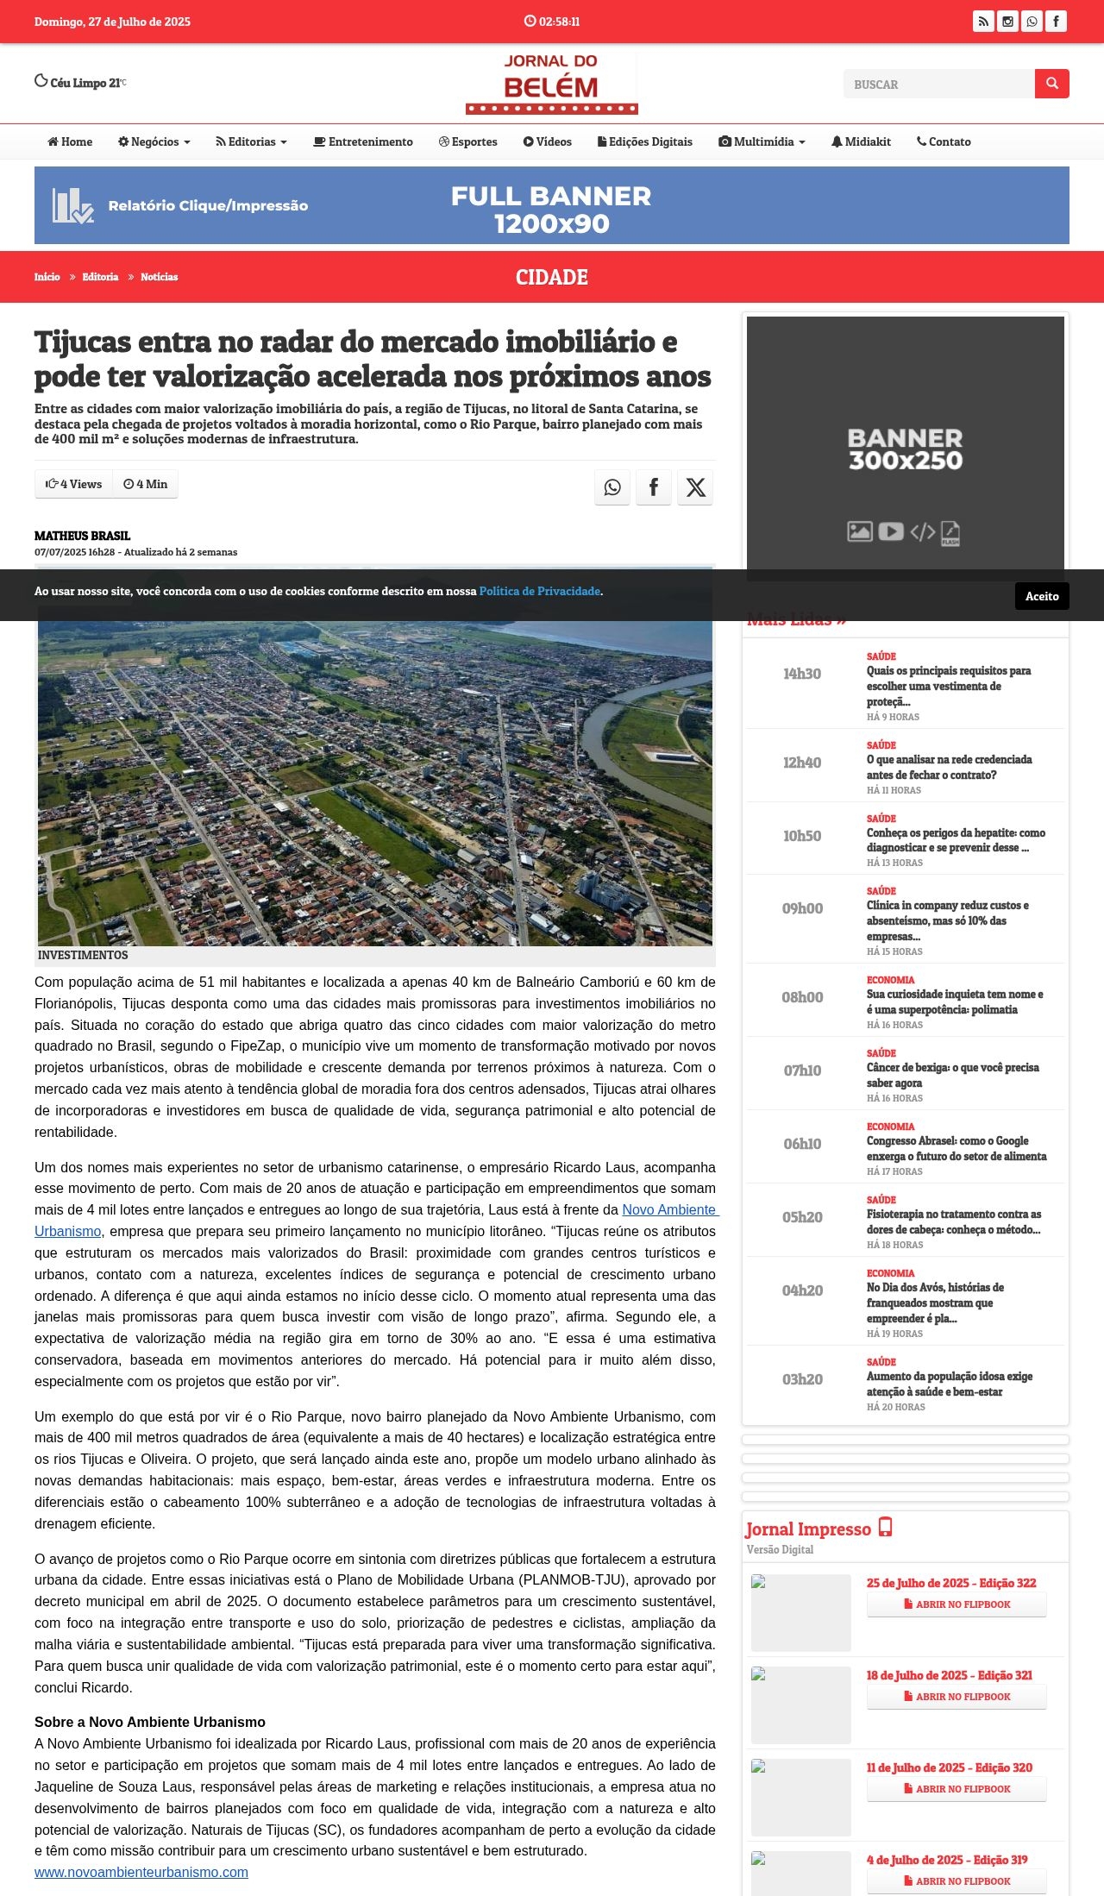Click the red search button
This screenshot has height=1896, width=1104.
[x=1051, y=84]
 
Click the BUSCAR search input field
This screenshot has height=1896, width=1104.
[x=938, y=84]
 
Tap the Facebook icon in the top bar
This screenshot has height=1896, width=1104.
[x=1056, y=22]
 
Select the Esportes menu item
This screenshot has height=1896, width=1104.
[x=467, y=141]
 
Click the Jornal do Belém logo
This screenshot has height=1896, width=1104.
[x=551, y=84]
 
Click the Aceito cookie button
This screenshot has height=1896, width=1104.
[x=1041, y=596]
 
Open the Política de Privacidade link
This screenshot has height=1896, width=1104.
[x=539, y=591]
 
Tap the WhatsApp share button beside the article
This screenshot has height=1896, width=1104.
[x=612, y=487]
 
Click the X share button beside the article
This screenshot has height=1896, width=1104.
[x=695, y=487]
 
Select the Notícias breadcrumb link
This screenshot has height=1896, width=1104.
[x=159, y=277]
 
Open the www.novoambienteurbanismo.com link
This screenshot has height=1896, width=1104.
[x=141, y=1872]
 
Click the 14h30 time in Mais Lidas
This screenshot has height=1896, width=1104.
[x=802, y=674]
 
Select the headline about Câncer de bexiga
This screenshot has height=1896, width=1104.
[x=952, y=1075]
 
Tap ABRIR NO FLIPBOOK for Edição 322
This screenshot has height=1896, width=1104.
[x=956, y=1604]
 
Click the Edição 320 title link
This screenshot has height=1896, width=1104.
[x=949, y=1767]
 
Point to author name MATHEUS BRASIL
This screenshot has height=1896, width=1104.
[x=82, y=536]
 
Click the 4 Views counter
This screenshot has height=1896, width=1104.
[x=74, y=484]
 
